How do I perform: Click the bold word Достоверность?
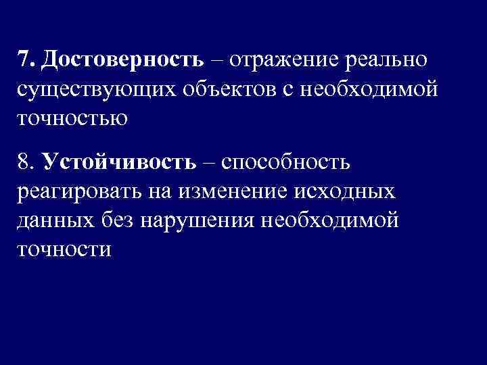122,60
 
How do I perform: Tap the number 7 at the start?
24,60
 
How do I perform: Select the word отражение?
285,60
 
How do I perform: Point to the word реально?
386,60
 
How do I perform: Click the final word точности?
64,251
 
